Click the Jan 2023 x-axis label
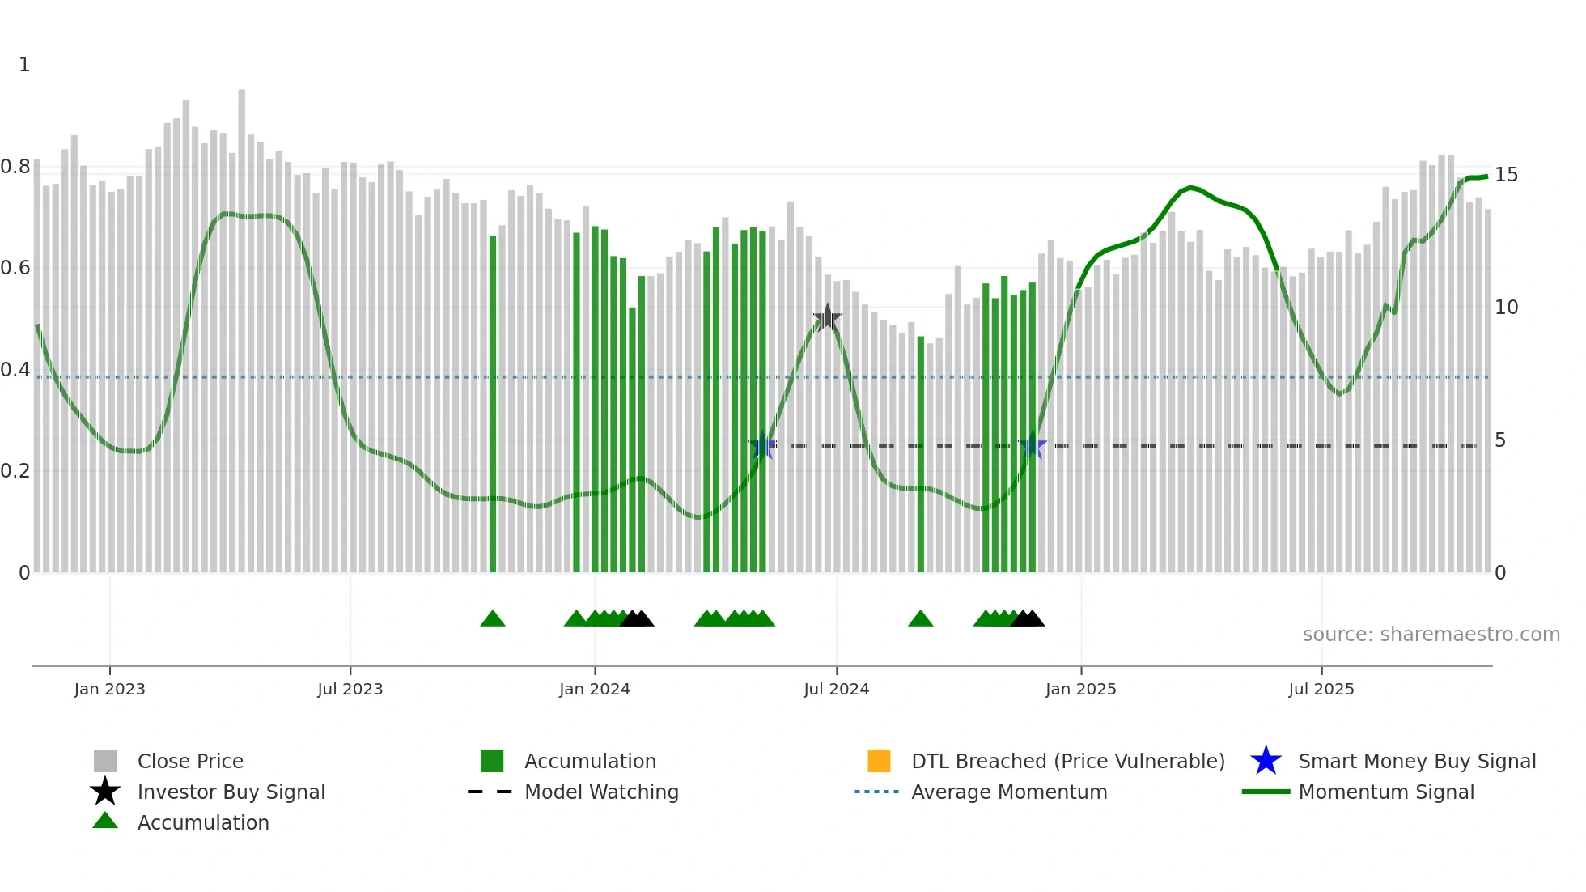[x=109, y=690]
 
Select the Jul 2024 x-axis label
[x=836, y=690]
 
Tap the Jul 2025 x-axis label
[x=1321, y=690]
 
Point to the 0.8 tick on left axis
[x=15, y=167]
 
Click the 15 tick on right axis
[x=1506, y=175]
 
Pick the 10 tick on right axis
[x=1506, y=308]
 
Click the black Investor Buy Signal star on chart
[x=827, y=318]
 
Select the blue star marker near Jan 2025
[x=1032, y=446]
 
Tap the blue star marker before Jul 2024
[x=762, y=446]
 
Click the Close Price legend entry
[x=190, y=761]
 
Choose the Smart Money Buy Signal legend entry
[x=1416, y=761]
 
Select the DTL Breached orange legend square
[x=879, y=761]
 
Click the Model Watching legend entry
[x=600, y=792]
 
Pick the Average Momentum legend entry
[x=1008, y=792]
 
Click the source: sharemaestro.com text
[x=1431, y=635]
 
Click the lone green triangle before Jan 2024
[x=492, y=619]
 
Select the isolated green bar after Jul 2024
[x=921, y=453]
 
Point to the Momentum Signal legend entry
[x=1385, y=792]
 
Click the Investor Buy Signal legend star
[x=105, y=792]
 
